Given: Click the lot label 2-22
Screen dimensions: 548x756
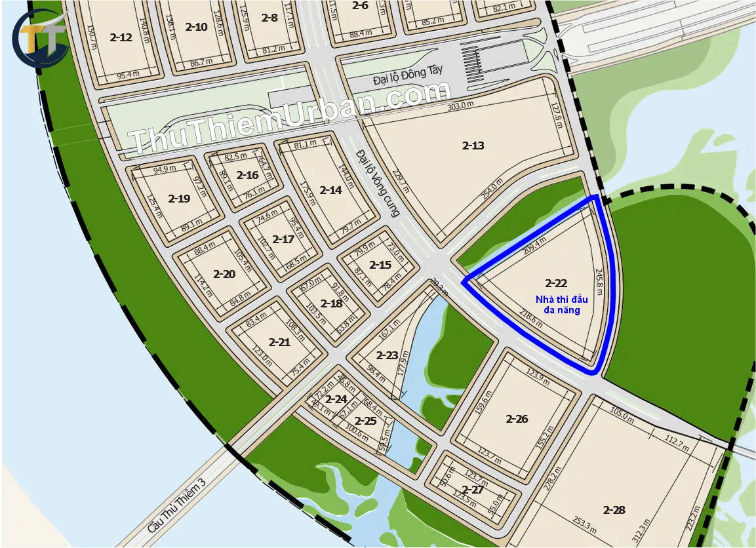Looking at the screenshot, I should (556, 283).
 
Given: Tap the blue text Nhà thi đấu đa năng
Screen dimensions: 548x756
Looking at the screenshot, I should (561, 304).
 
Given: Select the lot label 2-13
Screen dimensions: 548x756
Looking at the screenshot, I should (473, 146).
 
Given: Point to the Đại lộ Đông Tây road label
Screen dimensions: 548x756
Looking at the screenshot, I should (404, 79).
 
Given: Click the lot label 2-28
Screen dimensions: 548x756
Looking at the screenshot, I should (614, 509).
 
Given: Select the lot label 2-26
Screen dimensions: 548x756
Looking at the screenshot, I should (517, 419).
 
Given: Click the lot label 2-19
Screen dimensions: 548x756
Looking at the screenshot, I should (179, 199).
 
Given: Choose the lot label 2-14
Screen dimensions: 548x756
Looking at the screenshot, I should (330, 190).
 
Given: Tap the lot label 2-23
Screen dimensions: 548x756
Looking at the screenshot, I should (387, 355).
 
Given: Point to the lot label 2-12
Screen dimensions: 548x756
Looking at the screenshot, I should (121, 37).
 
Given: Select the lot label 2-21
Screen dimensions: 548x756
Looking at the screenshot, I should (279, 342).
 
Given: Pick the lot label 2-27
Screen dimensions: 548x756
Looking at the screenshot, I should (473, 490).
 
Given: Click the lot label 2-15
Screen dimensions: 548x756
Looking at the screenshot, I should (380, 265).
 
